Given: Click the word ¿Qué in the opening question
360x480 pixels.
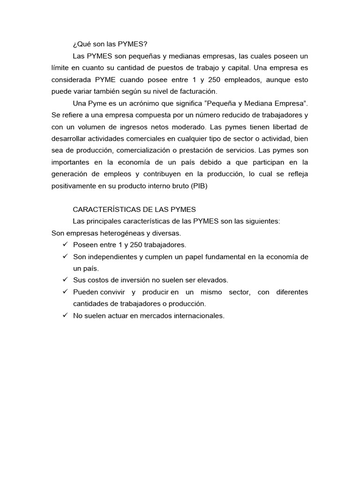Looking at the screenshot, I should tap(81, 45).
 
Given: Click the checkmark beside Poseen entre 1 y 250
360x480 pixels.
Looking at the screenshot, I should tap(65, 245).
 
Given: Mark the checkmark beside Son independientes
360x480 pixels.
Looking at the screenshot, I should tap(65, 256).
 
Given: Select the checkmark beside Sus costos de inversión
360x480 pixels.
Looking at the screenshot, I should tap(65, 280).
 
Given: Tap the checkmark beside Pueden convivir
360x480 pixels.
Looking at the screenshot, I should tap(65, 292).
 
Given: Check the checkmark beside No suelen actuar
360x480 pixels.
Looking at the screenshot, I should tap(65, 315).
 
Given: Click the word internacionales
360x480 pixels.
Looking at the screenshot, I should tap(199, 315).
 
